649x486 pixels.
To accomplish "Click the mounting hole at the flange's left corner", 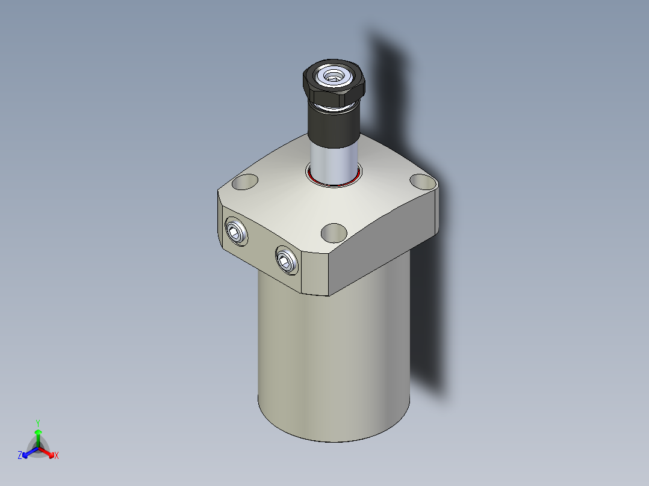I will click(244, 181).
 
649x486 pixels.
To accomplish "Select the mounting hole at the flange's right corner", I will click(422, 180).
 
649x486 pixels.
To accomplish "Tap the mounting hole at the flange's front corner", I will click(334, 232).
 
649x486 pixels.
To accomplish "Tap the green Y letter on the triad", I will click(38, 422).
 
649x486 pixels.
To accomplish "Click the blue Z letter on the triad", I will click(20, 455).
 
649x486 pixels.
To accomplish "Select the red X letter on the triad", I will click(57, 455).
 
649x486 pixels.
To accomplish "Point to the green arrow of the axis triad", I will click(38, 435).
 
